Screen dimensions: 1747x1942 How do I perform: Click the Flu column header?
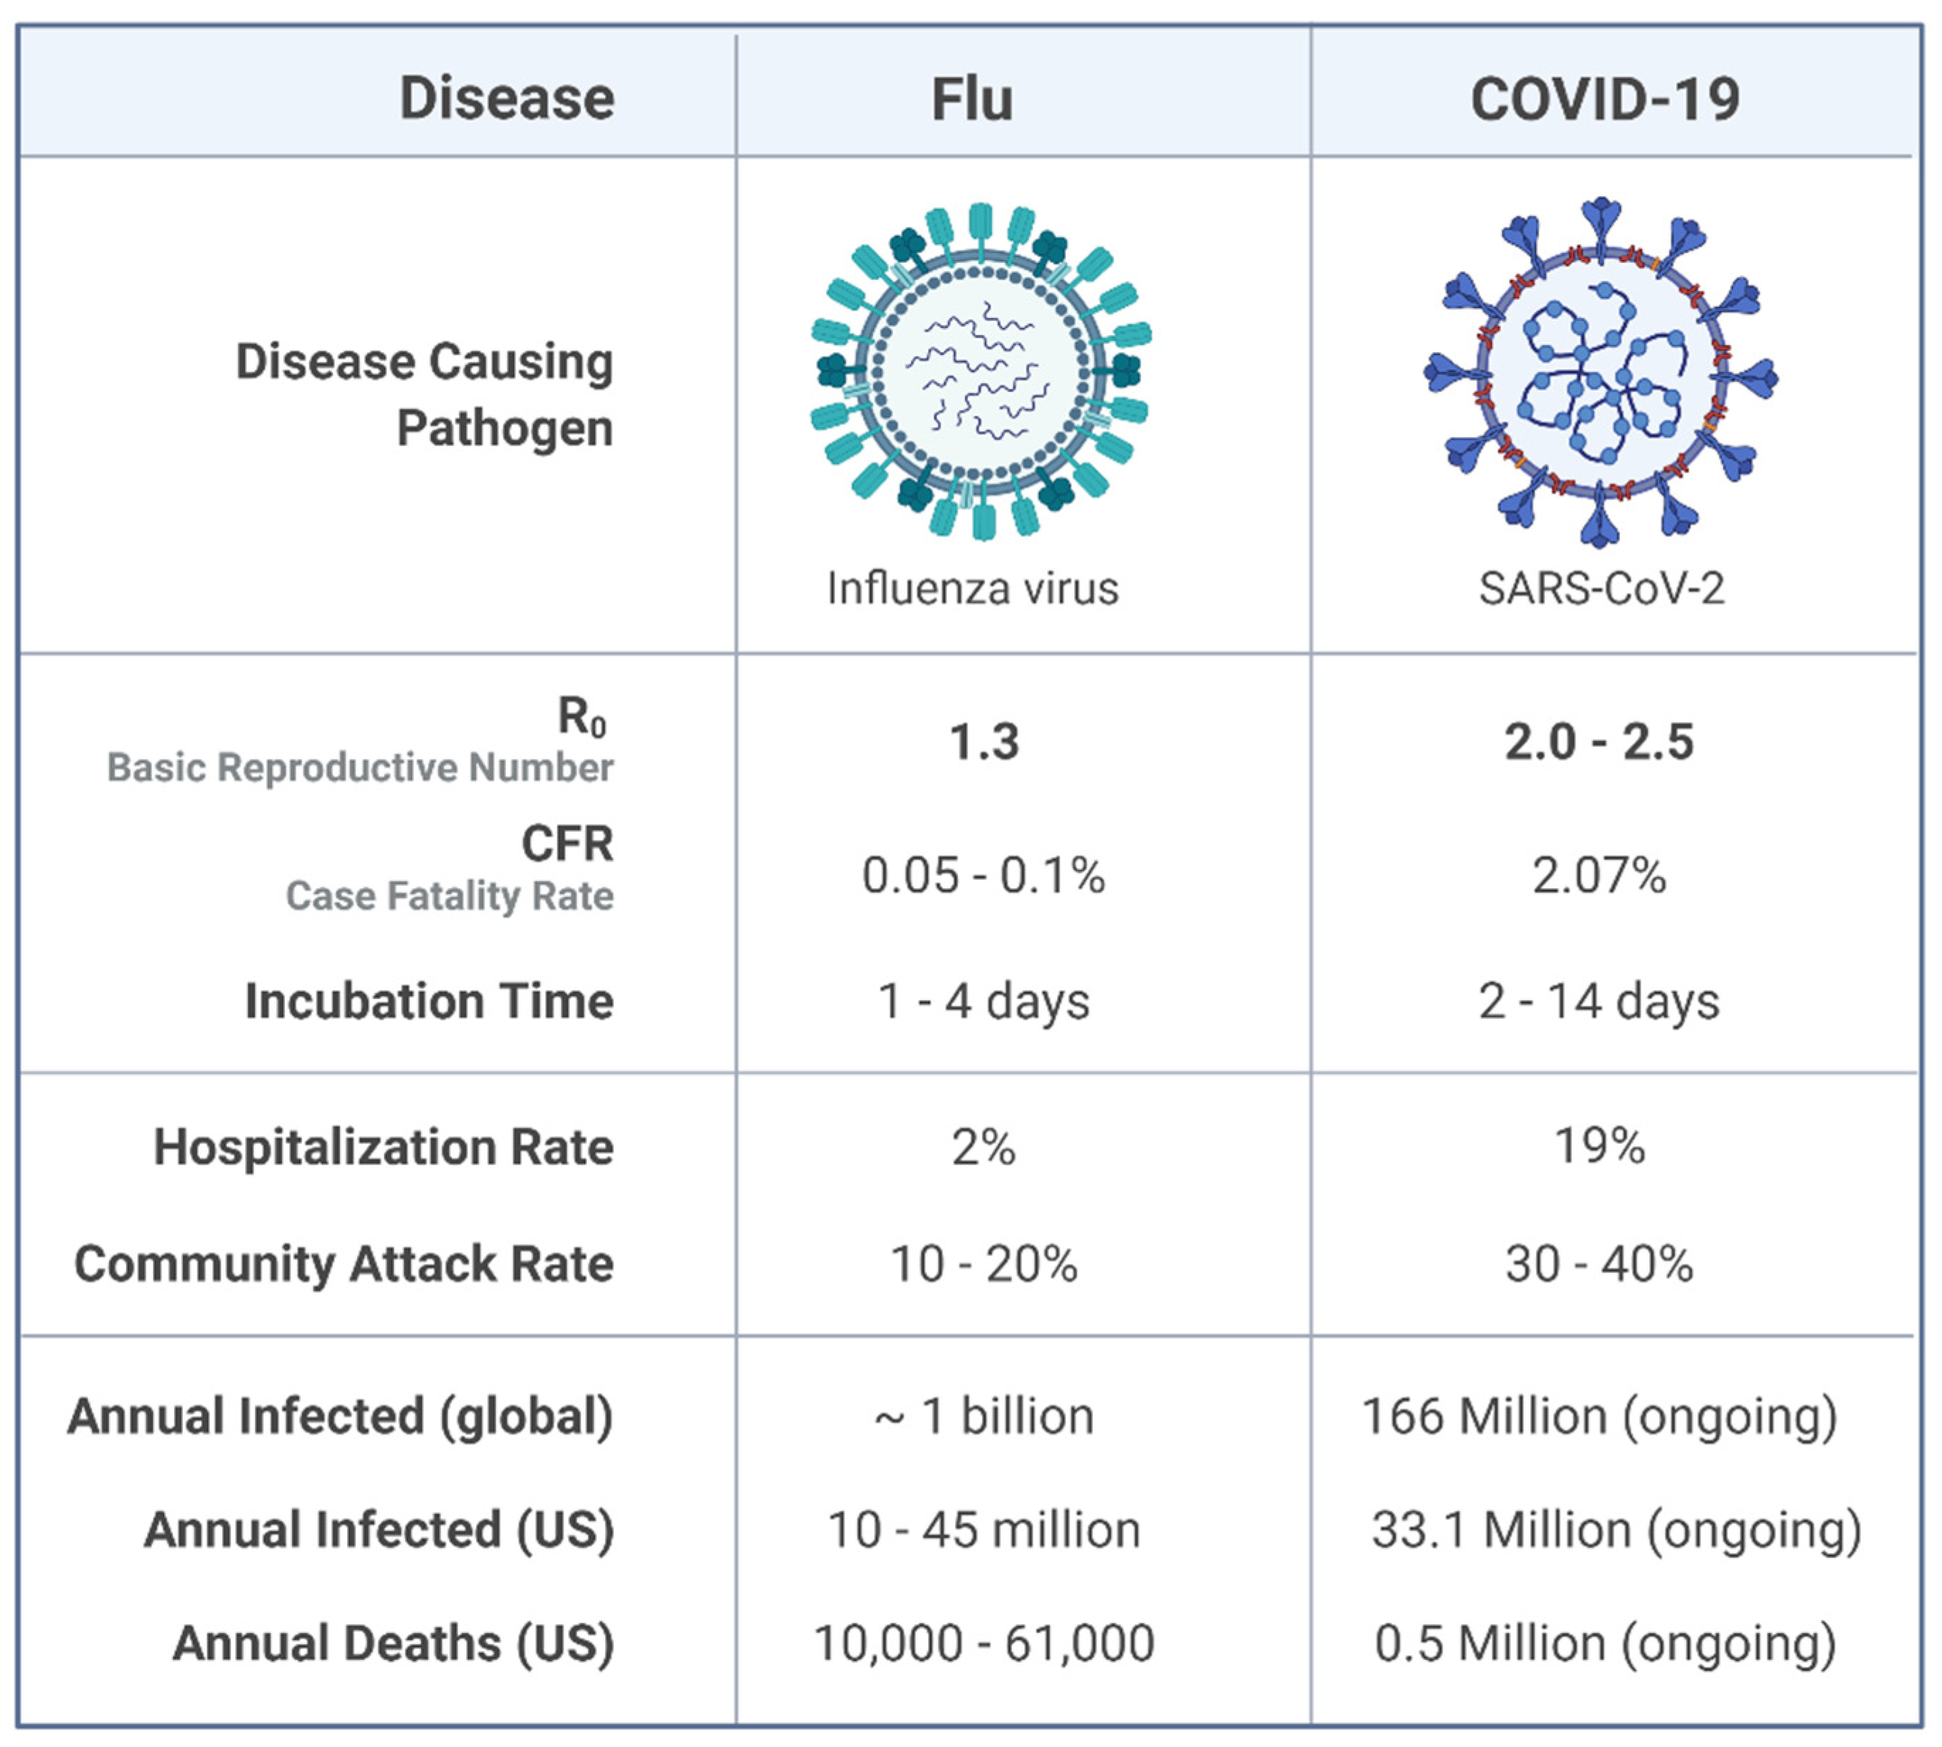[973, 99]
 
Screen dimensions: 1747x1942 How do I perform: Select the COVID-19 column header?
[1604, 99]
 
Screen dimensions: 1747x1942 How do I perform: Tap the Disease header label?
[506, 99]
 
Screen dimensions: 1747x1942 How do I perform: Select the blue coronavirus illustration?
[1601, 373]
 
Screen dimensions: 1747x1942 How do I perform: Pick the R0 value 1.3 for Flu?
[984, 742]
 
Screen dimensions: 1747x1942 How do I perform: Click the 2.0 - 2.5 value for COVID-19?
[1598, 742]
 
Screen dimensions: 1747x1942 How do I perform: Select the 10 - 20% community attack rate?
[984, 1264]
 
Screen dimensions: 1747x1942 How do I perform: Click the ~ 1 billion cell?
[984, 1417]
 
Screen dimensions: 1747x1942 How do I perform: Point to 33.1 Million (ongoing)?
[1615, 1530]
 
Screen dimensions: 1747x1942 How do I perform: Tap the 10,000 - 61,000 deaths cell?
[984, 1644]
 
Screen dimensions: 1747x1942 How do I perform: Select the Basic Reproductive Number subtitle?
[360, 768]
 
